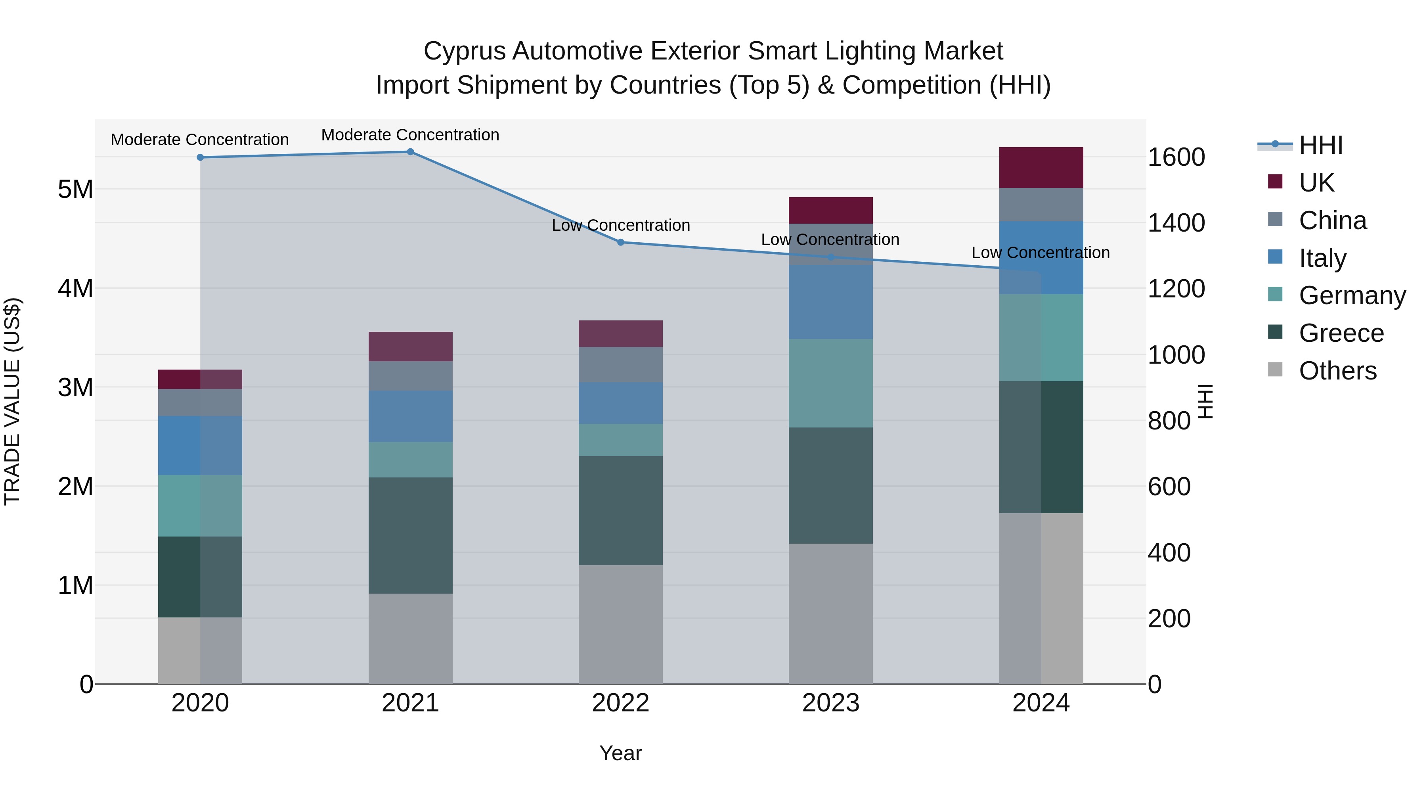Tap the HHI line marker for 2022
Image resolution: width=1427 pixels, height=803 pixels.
tap(620, 242)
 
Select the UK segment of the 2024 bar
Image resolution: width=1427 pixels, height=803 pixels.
tap(1041, 167)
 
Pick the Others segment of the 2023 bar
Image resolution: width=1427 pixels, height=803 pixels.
tap(830, 613)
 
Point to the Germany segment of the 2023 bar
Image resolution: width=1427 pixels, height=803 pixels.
tap(830, 383)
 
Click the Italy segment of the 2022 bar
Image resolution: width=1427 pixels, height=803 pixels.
tap(620, 403)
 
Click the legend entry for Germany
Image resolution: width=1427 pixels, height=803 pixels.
tap(1352, 295)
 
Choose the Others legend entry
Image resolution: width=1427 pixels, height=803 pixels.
tap(1337, 371)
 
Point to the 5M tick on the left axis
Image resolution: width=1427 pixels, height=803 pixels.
tap(75, 190)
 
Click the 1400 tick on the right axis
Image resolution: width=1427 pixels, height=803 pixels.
tap(1176, 223)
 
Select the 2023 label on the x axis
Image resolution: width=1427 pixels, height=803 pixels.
tap(830, 703)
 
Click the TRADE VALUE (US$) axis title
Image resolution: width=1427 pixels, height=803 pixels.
tap(12, 401)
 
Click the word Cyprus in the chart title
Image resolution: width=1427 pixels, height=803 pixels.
tap(464, 51)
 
